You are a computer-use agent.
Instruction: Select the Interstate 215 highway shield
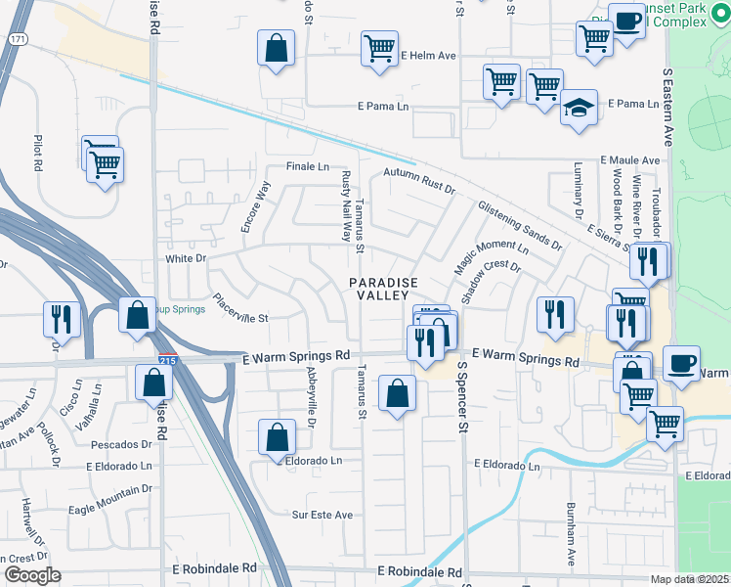tap(168, 361)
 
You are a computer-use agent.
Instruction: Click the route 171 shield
tap(17, 38)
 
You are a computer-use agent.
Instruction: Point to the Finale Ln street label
tap(307, 166)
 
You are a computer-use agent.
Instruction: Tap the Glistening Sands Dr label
tap(520, 225)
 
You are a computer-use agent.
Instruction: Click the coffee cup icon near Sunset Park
tap(625, 21)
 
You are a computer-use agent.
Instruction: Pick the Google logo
tap(32, 575)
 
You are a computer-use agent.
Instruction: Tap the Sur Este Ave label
tap(322, 514)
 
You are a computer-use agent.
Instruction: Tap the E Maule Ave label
tap(630, 159)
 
